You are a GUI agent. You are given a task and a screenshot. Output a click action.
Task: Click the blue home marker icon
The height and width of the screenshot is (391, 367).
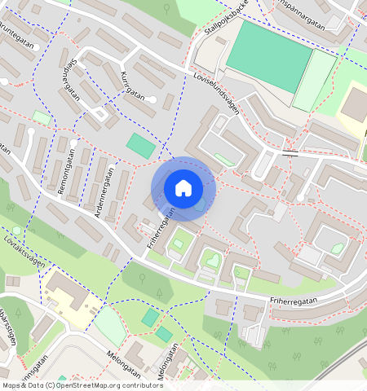point(183,188)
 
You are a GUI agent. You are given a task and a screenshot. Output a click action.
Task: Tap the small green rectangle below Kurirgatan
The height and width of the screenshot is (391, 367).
point(140,147)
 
